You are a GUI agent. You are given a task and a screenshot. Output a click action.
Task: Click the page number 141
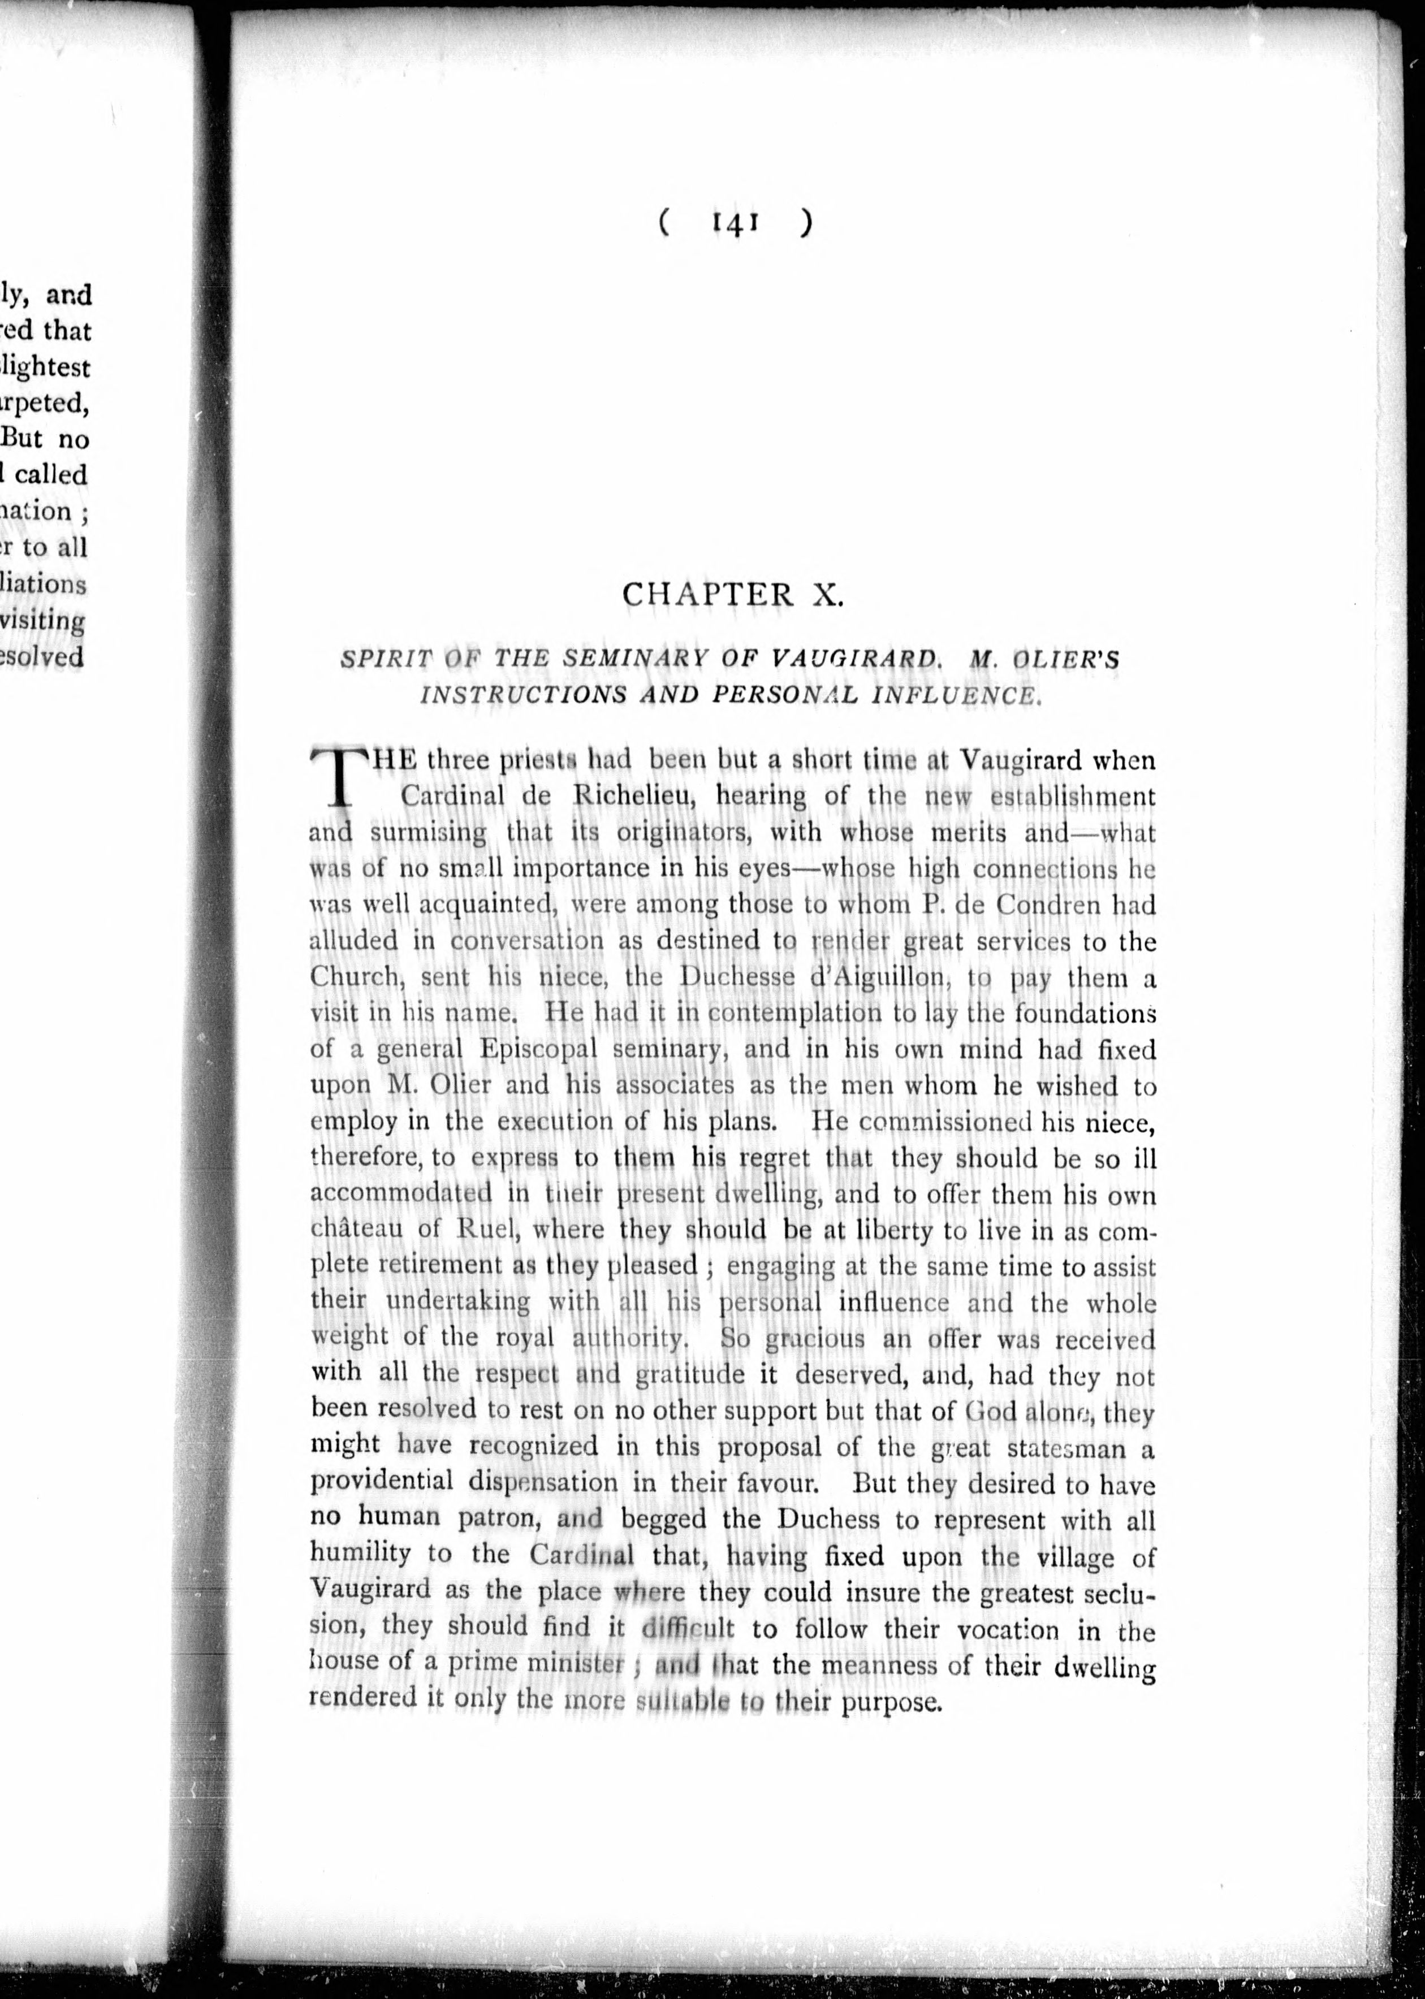coord(735,224)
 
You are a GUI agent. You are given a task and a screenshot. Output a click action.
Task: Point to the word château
coord(357,1229)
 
